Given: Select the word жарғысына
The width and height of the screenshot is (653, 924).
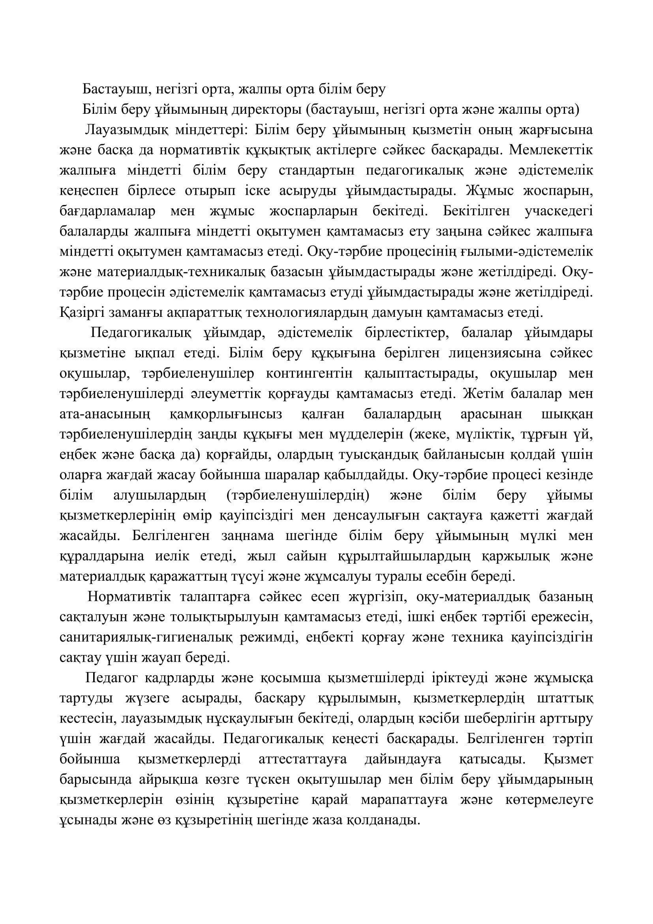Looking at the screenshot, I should pyautogui.click(x=556, y=130).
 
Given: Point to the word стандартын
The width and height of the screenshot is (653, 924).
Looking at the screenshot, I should pyautogui.click(x=317, y=171).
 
